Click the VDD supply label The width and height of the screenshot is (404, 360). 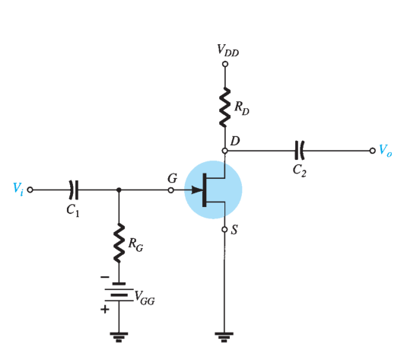228,50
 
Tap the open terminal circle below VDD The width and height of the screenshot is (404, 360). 225,64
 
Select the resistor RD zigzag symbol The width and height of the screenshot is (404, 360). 225,107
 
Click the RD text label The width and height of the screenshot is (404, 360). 241,108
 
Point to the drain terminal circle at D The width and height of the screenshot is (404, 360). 225,151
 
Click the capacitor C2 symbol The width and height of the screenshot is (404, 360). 300,151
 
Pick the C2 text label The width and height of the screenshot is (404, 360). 300,170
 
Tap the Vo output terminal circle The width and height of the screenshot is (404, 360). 372,151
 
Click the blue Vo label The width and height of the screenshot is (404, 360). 386,151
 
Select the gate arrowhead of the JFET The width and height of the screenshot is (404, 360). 197,190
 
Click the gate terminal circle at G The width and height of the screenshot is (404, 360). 171,190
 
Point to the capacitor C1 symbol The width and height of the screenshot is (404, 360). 74,190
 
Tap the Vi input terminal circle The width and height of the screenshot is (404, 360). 30,190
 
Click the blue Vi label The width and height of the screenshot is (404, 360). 18,190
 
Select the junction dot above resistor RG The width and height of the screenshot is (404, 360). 119,190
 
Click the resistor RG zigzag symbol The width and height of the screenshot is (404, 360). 119,244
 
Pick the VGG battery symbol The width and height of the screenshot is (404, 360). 119,292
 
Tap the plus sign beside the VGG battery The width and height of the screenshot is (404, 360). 105,309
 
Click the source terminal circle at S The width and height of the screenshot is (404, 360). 224,229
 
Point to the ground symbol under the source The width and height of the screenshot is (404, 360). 224,337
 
